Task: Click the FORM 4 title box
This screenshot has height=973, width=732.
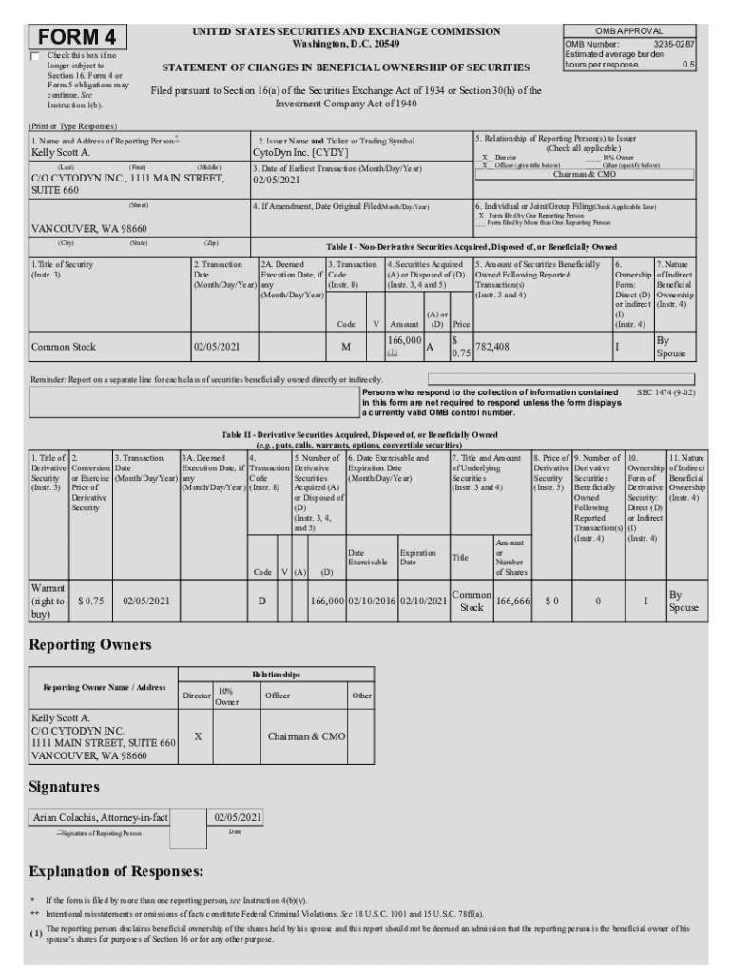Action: pyautogui.click(x=78, y=37)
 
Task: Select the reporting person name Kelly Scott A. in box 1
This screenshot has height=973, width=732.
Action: pyautogui.click(x=62, y=152)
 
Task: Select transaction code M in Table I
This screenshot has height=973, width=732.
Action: pyautogui.click(x=345, y=348)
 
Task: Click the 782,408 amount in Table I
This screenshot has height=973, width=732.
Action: pyautogui.click(x=492, y=347)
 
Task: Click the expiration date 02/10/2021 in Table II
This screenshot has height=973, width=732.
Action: pyautogui.click(x=423, y=601)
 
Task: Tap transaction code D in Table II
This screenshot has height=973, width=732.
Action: pyautogui.click(x=262, y=601)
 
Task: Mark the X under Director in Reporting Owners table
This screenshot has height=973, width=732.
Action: pyautogui.click(x=196, y=736)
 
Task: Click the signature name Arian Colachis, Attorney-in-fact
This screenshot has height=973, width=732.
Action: pyautogui.click(x=101, y=817)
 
